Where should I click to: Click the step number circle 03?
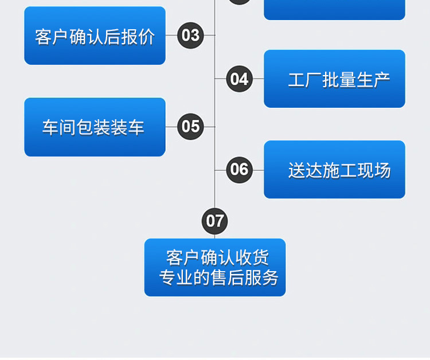[190, 35]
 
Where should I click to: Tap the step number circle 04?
[239, 79]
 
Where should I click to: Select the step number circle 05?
[190, 126]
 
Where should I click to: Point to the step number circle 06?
[239, 170]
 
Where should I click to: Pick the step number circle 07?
[215, 221]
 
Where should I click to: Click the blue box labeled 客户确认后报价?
[95, 36]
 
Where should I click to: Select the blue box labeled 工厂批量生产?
[334, 79]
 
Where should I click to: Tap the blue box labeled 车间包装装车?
[95, 127]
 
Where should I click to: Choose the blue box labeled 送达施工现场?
[334, 170]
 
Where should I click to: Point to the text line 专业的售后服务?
[218, 277]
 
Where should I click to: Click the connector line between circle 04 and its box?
[258, 79]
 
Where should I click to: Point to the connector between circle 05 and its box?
[171, 126]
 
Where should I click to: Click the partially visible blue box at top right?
[334, 9]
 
